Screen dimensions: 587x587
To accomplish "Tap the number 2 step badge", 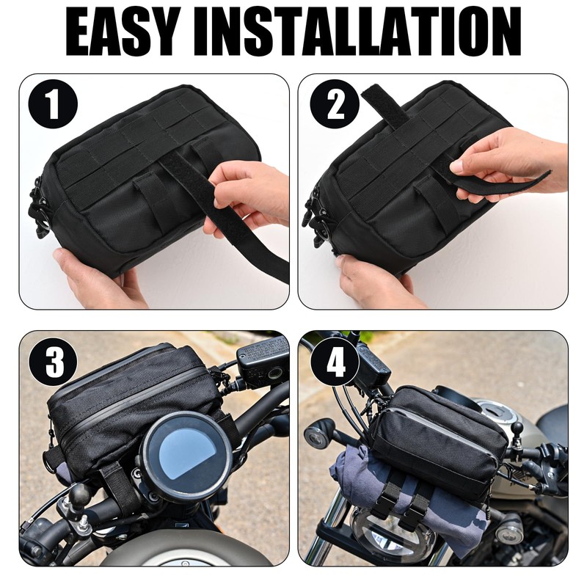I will (x=334, y=104).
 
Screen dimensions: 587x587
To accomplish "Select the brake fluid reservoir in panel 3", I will (x=260, y=360).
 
